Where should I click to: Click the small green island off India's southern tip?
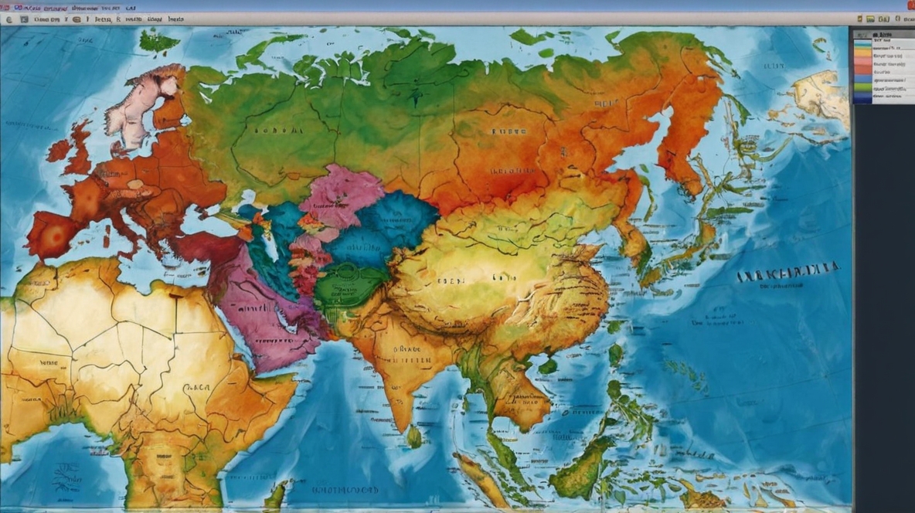(415, 437)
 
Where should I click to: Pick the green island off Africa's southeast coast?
(275, 494)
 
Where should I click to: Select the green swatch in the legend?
(862, 88)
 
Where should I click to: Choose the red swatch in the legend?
(862, 70)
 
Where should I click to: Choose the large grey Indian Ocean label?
(345, 490)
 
